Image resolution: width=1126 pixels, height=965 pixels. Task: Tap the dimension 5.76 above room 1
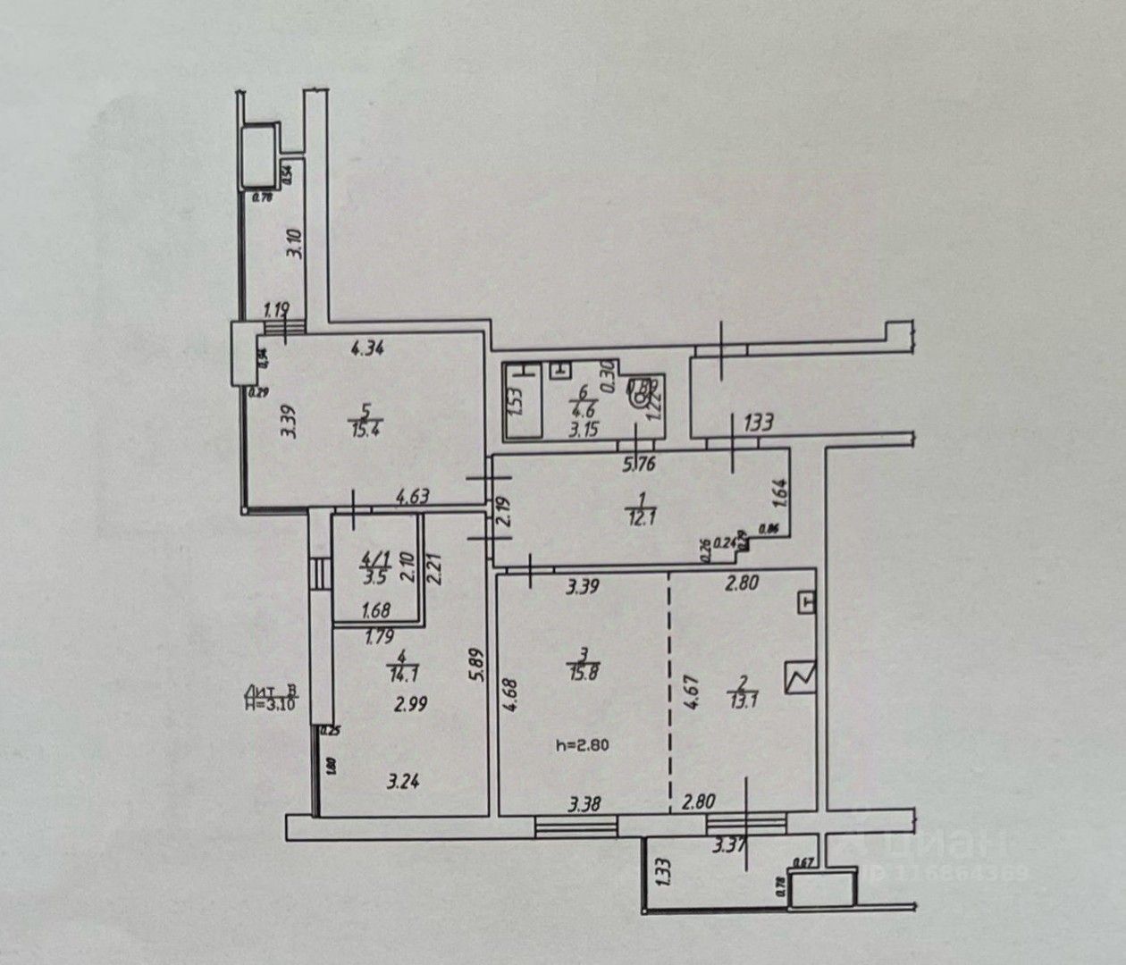click(639, 464)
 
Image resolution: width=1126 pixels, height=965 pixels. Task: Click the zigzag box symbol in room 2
click(801, 677)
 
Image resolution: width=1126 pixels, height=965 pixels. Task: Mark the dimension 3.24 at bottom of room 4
click(403, 783)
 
